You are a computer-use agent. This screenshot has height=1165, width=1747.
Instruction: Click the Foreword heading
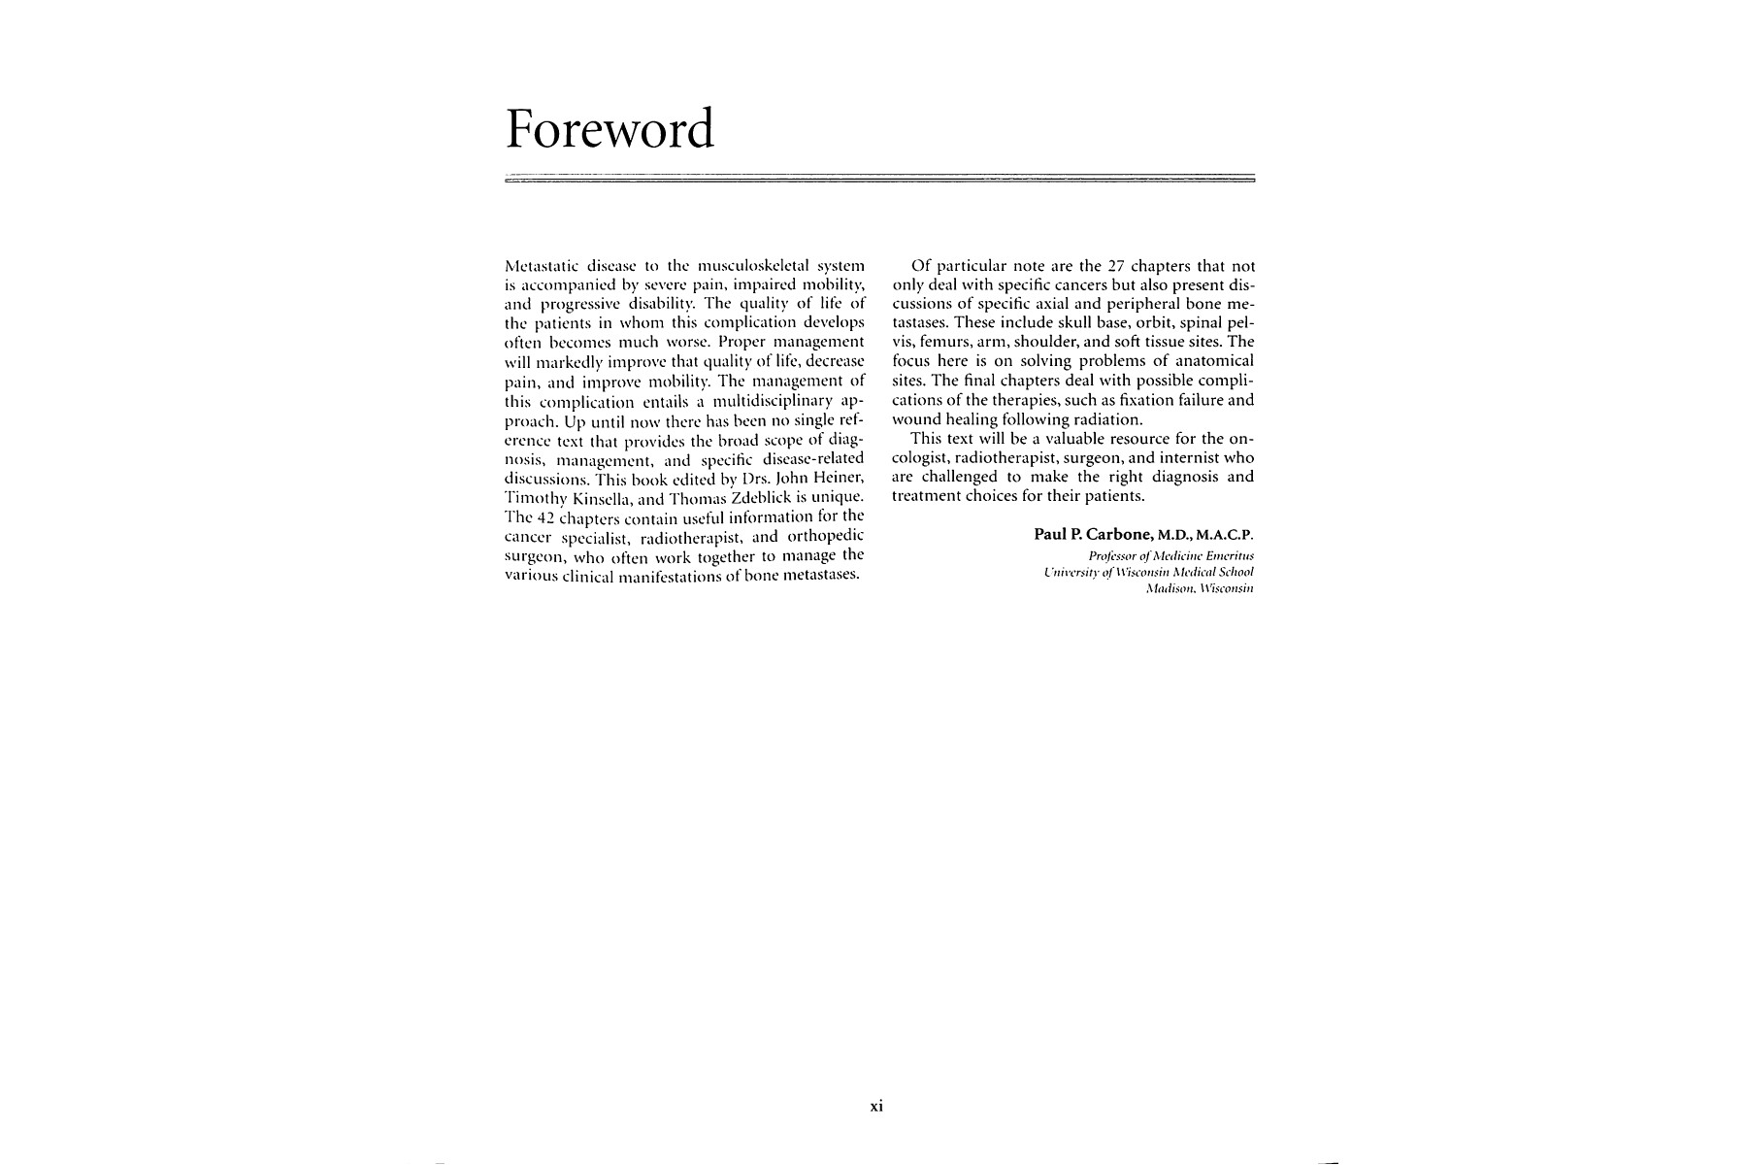[610, 130]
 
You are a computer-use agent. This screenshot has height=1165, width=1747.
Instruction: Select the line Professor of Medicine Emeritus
[1172, 555]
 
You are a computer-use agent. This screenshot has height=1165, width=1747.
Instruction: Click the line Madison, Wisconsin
[1200, 588]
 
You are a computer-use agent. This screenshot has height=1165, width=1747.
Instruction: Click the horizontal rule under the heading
[880, 180]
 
